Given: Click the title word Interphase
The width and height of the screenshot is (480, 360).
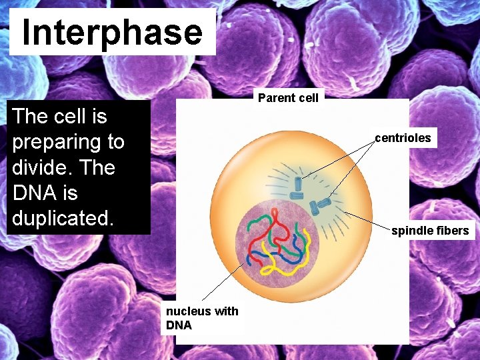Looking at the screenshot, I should (x=112, y=33).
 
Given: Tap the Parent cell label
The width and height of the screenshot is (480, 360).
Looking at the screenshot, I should (x=288, y=99).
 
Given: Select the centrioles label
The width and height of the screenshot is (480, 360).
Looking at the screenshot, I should (x=403, y=139).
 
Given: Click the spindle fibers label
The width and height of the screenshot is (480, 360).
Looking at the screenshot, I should (x=430, y=231).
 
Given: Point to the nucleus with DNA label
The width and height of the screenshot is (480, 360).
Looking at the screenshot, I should (x=201, y=318).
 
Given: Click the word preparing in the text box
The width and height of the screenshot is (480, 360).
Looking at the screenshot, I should (x=68, y=143).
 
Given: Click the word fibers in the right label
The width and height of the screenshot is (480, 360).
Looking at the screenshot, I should (x=453, y=231).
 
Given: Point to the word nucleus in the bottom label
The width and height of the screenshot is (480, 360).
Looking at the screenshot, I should (x=187, y=311).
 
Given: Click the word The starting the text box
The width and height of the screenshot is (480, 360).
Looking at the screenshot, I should (x=30, y=117).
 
